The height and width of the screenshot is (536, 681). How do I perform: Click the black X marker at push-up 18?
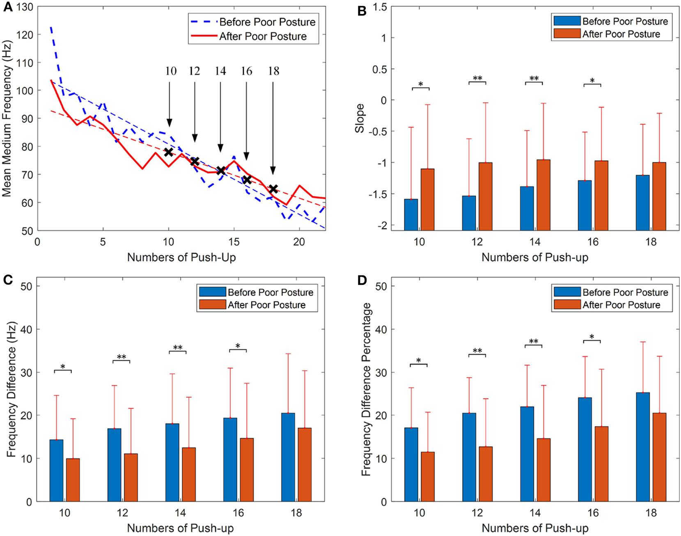pos(273,189)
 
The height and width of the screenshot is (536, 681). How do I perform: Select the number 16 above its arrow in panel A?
pos(246,71)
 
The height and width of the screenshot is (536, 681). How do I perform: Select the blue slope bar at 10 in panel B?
pos(411,215)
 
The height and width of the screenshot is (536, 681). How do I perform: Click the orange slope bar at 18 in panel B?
pos(659,196)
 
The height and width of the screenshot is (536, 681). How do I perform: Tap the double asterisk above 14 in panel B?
pos(534,79)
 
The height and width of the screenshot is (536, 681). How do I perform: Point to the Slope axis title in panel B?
pos(360,118)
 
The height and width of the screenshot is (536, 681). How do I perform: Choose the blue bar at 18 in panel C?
pos(288,457)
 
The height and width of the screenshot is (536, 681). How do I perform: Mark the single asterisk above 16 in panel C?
pos(238,346)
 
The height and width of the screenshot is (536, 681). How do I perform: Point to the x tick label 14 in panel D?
pos(535,513)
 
